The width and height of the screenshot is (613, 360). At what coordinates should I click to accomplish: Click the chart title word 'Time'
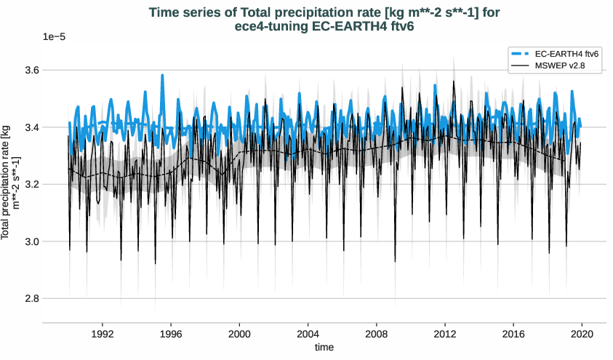tap(164, 12)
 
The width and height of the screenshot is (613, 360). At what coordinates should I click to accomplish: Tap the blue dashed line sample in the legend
tap(521, 54)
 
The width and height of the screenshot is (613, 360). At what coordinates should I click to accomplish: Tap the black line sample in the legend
tap(521, 66)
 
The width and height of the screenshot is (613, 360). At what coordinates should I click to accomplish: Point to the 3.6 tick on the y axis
tap(29, 71)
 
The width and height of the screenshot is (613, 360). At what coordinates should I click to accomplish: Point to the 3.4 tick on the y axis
tap(29, 127)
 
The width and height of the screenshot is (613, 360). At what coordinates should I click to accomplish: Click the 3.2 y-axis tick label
tap(29, 185)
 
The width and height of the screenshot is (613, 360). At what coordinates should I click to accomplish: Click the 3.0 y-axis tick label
tap(29, 241)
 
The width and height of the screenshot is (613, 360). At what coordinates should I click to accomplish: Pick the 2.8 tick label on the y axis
tap(29, 298)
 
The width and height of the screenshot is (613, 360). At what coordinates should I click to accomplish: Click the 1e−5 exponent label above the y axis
tap(55, 36)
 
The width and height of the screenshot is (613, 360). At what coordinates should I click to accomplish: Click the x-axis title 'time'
tap(324, 348)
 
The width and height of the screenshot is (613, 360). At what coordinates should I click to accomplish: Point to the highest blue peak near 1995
tap(162, 75)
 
